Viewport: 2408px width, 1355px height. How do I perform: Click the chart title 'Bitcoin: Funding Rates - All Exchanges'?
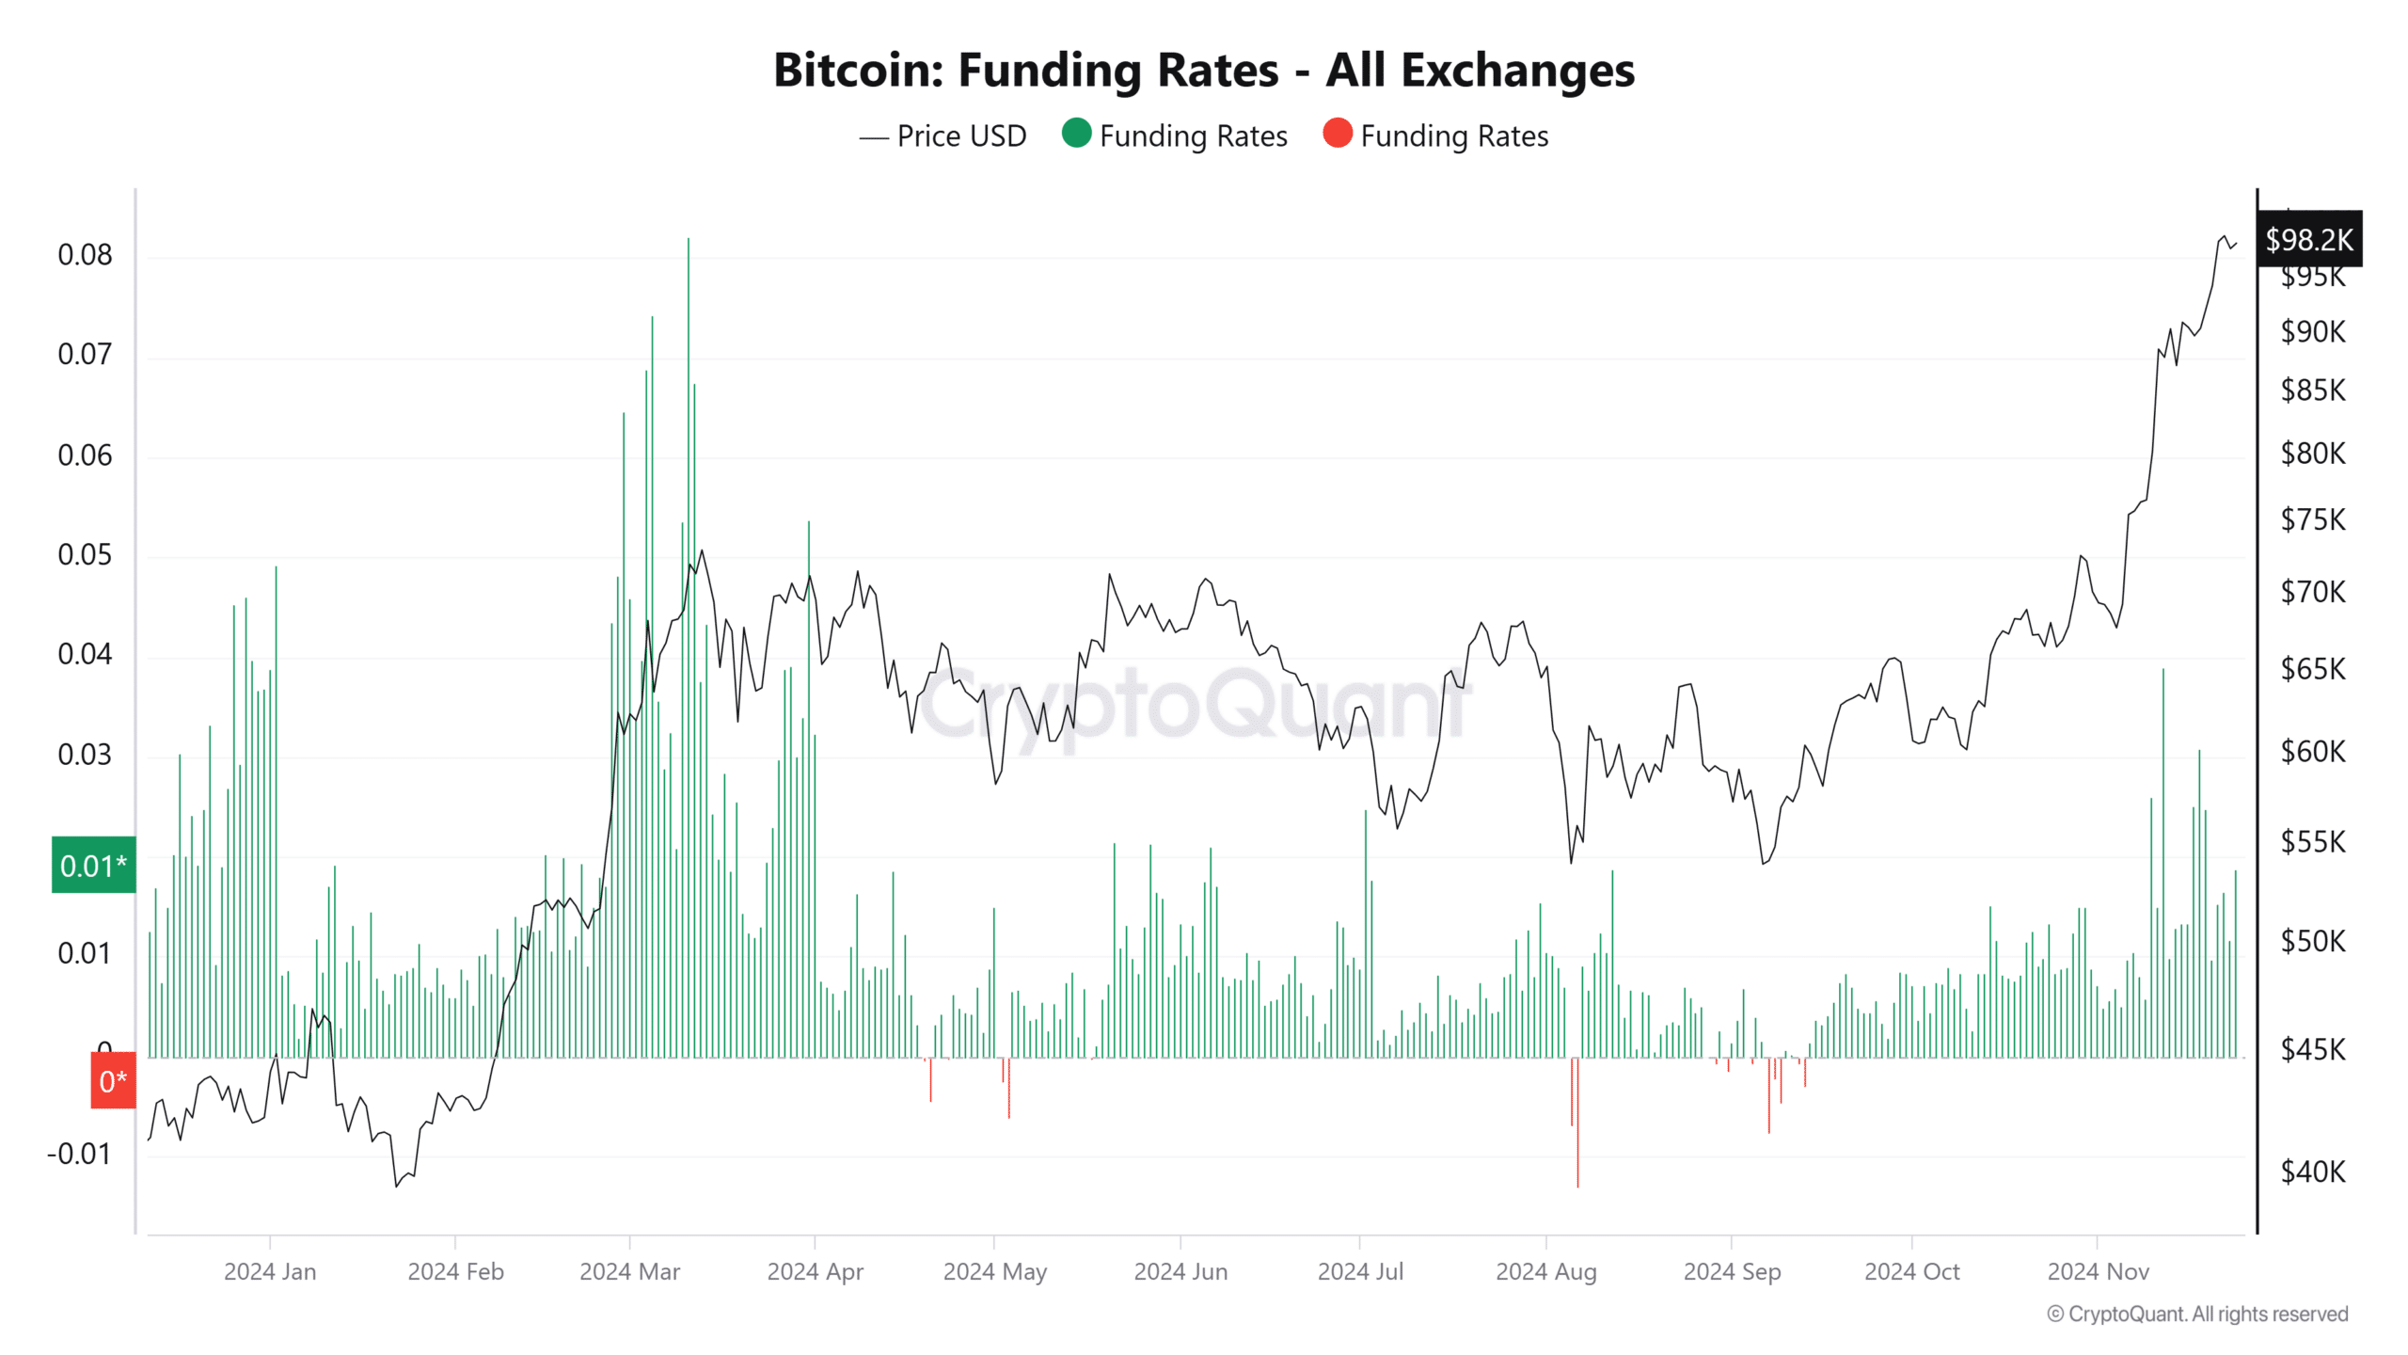tap(1203, 71)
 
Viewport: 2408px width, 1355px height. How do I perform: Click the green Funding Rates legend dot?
tap(1076, 134)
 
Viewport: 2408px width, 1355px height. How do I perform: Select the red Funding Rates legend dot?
tap(1337, 134)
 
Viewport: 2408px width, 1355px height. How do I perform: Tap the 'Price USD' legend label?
tap(960, 136)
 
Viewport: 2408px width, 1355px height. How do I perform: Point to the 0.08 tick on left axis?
tap(85, 255)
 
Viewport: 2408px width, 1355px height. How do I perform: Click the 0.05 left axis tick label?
tap(85, 555)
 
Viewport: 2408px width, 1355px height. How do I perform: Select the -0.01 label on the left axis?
tap(79, 1154)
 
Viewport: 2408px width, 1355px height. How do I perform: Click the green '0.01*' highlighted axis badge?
tap(93, 865)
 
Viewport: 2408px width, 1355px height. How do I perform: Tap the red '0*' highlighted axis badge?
tap(113, 1081)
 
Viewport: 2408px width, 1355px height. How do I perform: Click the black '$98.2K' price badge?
tap(2308, 240)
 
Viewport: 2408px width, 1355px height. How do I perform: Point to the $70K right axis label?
tap(2312, 592)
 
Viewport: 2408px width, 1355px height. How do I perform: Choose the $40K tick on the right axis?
tap(2312, 1172)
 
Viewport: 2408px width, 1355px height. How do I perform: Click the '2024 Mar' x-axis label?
tap(629, 1272)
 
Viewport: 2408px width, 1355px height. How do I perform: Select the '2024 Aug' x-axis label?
tap(1545, 1272)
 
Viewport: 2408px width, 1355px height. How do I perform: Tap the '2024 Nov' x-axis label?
tap(2098, 1272)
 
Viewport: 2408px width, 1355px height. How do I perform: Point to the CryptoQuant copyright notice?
tap(2197, 1315)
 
